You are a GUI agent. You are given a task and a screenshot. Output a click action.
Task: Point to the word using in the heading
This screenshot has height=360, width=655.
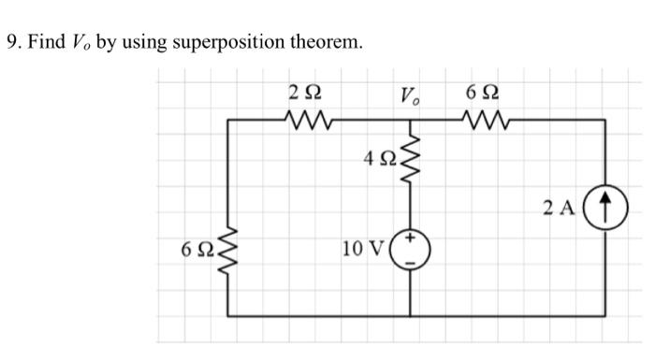[139, 44]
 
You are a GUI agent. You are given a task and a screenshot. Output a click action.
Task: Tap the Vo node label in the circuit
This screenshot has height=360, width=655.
[410, 94]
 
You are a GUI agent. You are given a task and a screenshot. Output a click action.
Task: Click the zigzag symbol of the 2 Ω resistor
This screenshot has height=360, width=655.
[307, 119]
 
